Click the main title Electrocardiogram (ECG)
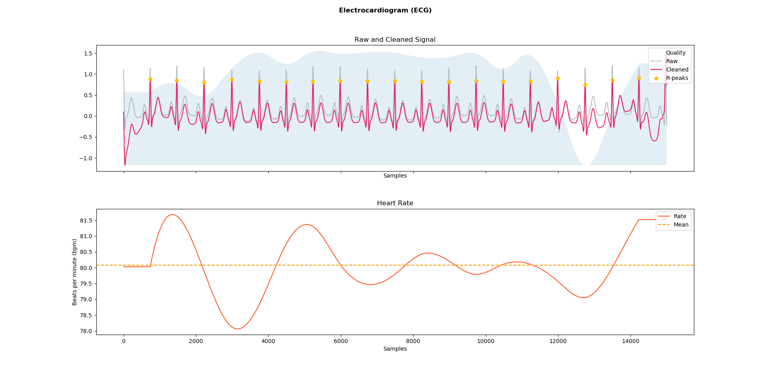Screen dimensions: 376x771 [x=385, y=10]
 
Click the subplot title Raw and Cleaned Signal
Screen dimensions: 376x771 [x=395, y=40]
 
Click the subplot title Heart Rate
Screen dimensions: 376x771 [x=395, y=203]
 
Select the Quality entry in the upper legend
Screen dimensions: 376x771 [x=676, y=53]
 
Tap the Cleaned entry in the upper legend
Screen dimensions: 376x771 [x=677, y=69]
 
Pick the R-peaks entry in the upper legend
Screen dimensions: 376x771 [x=677, y=78]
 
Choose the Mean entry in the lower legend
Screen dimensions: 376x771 [x=681, y=225]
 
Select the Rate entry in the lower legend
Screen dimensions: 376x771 [x=680, y=216]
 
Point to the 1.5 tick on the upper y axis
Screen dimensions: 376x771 [x=88, y=53]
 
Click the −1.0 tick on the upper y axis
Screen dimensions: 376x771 [x=86, y=158]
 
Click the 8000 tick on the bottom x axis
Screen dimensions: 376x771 [x=413, y=341]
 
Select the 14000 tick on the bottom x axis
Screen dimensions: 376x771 [x=630, y=341]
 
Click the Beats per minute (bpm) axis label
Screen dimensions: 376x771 [x=75, y=272]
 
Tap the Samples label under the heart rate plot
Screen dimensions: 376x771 [x=395, y=349]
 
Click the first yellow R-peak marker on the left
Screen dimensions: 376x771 [x=150, y=79]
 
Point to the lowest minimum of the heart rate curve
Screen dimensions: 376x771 [x=237, y=329]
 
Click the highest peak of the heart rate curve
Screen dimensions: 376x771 [x=172, y=215]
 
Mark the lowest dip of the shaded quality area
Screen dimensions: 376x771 [x=586, y=165]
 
